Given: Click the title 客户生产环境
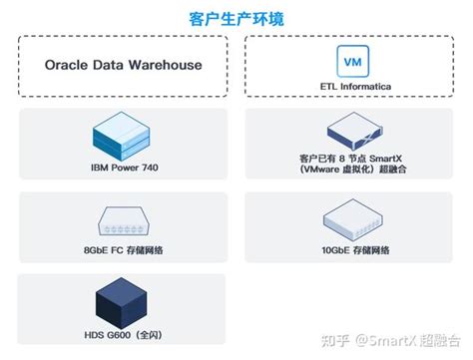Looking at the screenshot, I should coord(236,17).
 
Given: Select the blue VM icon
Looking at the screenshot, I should coord(351,61).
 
